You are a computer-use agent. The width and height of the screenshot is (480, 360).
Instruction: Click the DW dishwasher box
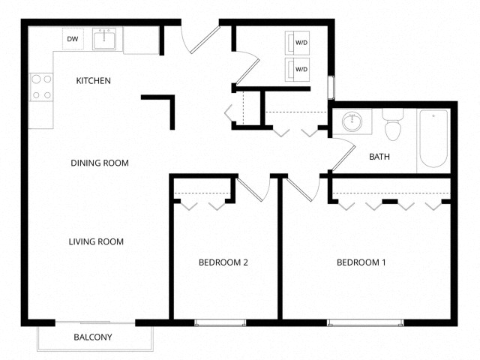pyautogui.click(x=73, y=39)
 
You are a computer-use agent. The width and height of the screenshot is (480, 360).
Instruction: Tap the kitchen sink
pyautogui.click(x=103, y=39)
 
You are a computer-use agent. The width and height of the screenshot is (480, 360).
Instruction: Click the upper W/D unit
pyautogui.click(x=298, y=43)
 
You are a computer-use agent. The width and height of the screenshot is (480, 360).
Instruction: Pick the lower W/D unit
pyautogui.click(x=298, y=70)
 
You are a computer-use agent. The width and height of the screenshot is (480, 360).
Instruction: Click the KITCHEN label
pyautogui.click(x=94, y=80)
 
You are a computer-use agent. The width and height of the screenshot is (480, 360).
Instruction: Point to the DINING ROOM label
pyautogui.click(x=100, y=163)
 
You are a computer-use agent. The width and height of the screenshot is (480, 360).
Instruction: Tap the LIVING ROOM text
pyautogui.click(x=96, y=241)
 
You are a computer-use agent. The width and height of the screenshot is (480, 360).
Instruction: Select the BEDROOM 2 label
pyautogui.click(x=223, y=262)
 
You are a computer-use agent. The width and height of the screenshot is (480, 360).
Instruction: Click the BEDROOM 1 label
pyautogui.click(x=361, y=262)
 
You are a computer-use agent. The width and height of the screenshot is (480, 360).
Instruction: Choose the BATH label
pyautogui.click(x=379, y=157)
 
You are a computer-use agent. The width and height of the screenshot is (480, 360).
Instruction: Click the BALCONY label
pyautogui.click(x=93, y=337)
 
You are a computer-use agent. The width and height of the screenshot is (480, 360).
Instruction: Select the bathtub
pyautogui.click(x=433, y=139)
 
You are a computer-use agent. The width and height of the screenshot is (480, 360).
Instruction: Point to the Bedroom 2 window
pyautogui.click(x=220, y=322)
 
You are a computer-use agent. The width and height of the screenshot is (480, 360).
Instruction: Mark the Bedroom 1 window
pyautogui.click(x=365, y=322)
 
